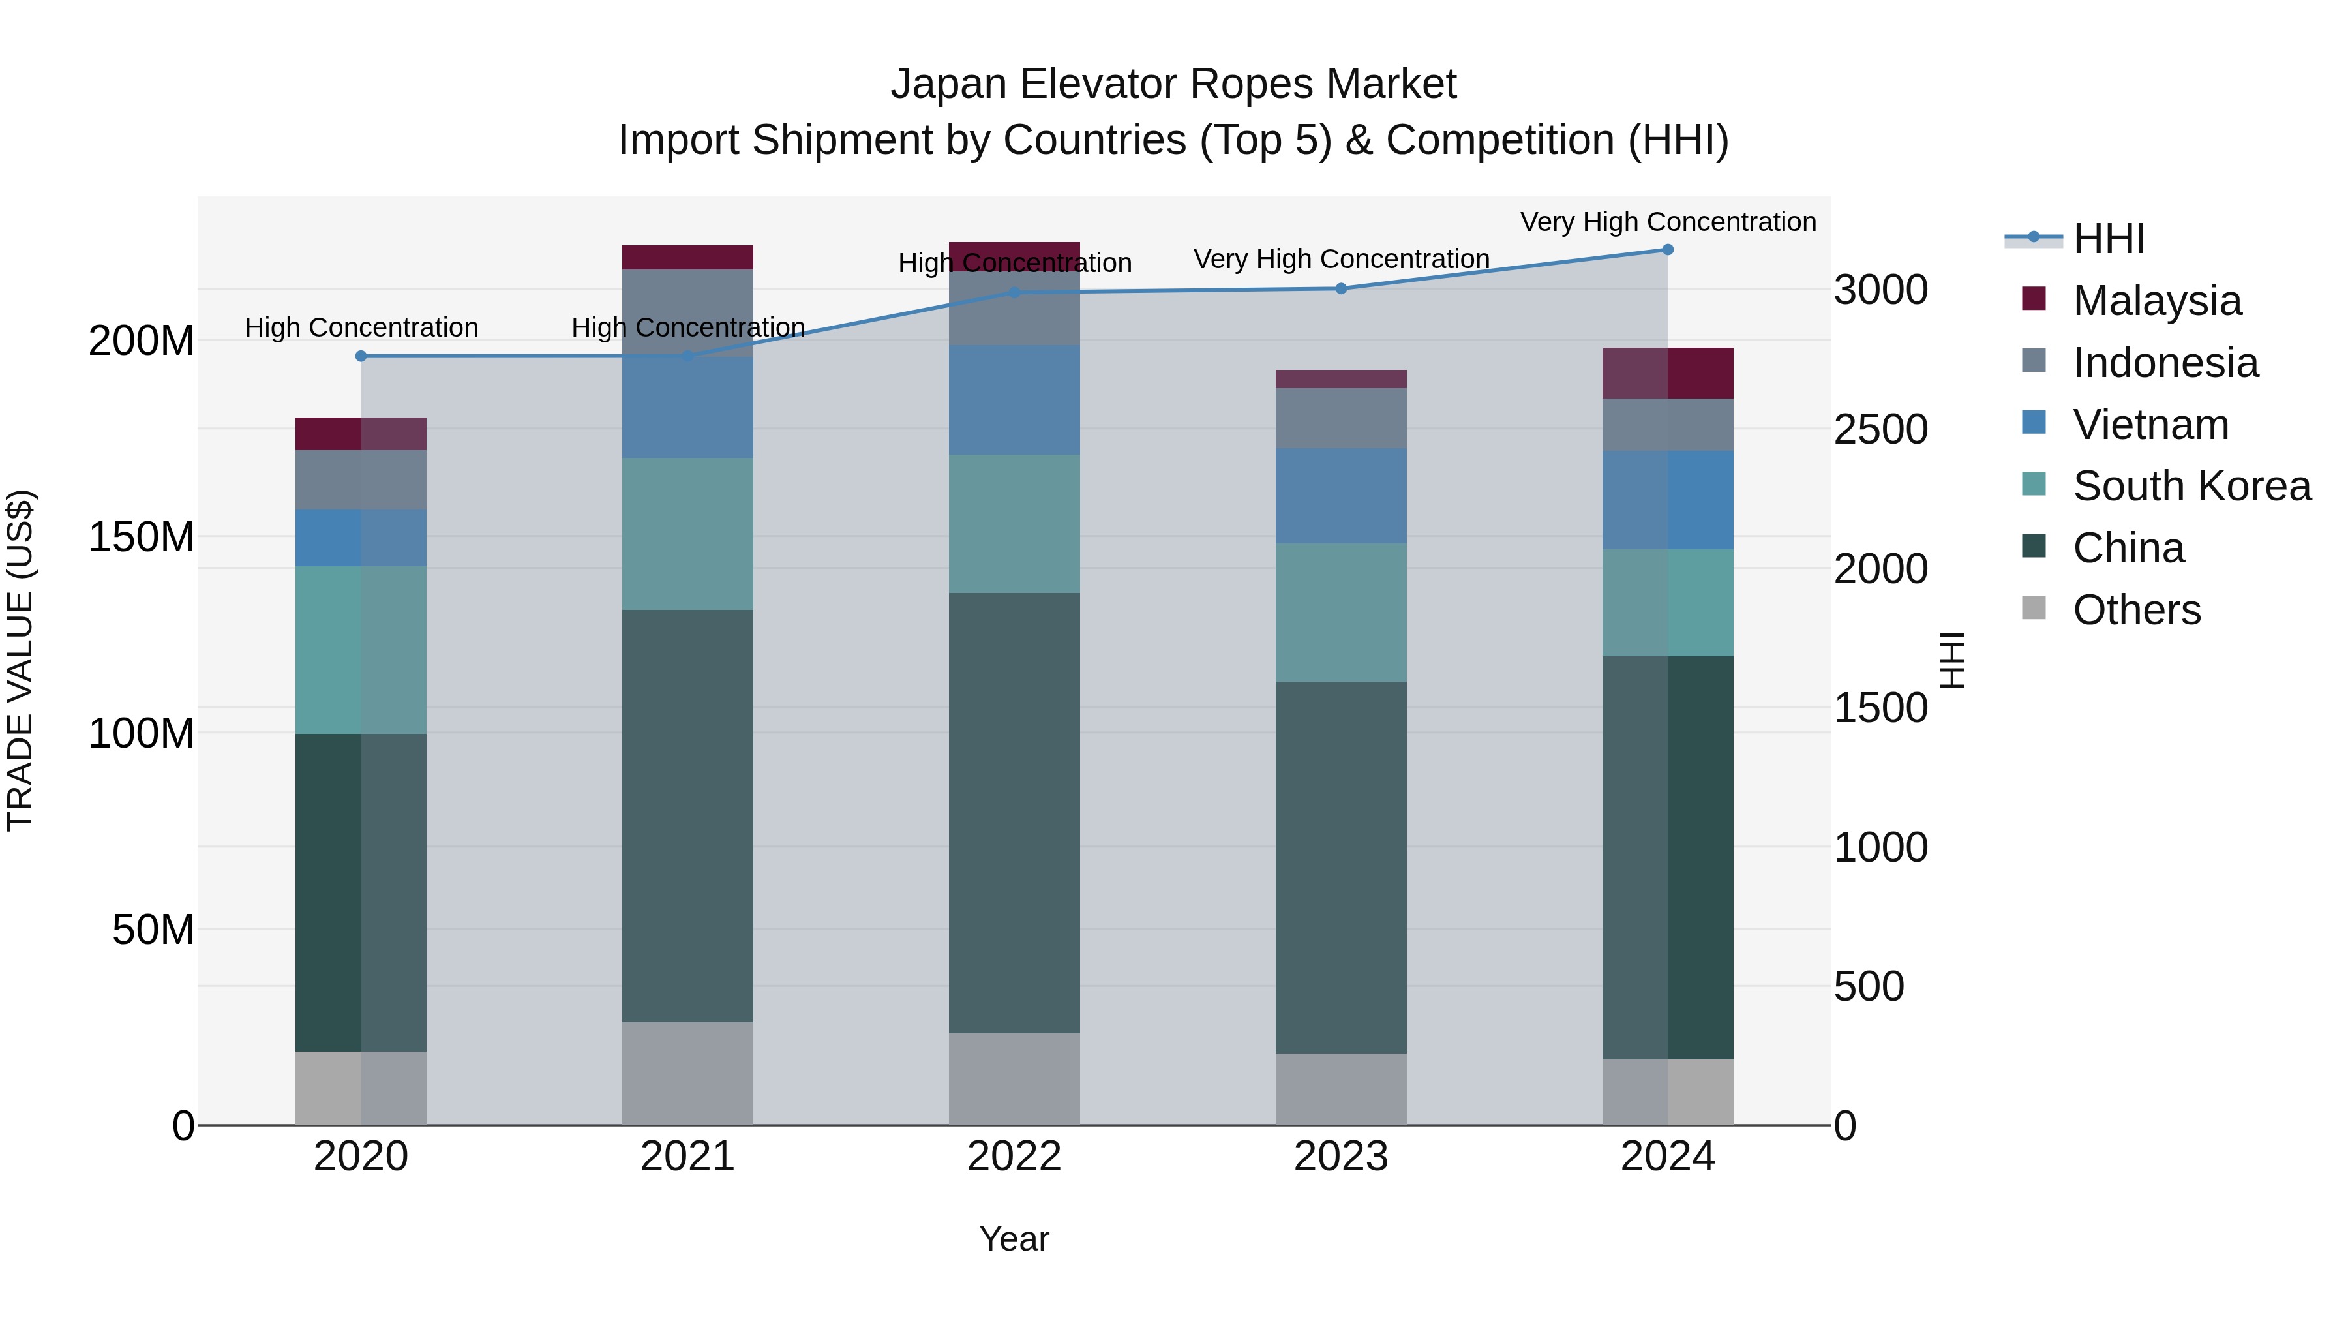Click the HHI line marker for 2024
click(x=1667, y=249)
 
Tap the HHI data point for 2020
click(x=361, y=356)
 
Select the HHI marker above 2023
click(x=1341, y=289)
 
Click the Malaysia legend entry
click(x=2157, y=301)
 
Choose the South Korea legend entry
click(x=2191, y=486)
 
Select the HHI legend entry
click(x=2108, y=239)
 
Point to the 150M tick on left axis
click(x=142, y=537)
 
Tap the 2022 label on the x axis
click(x=1014, y=1157)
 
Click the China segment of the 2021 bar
click(x=687, y=816)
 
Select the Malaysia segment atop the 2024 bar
click(x=1667, y=373)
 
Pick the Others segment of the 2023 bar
click(x=1341, y=1089)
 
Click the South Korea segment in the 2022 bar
click(x=1014, y=524)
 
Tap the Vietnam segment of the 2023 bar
click(x=1341, y=496)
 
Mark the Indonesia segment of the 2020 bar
click(x=361, y=479)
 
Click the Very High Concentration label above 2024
click(x=1667, y=222)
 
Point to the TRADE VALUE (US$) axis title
click(x=20, y=660)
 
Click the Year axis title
click(x=1014, y=1239)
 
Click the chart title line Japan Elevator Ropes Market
click(x=1173, y=84)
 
